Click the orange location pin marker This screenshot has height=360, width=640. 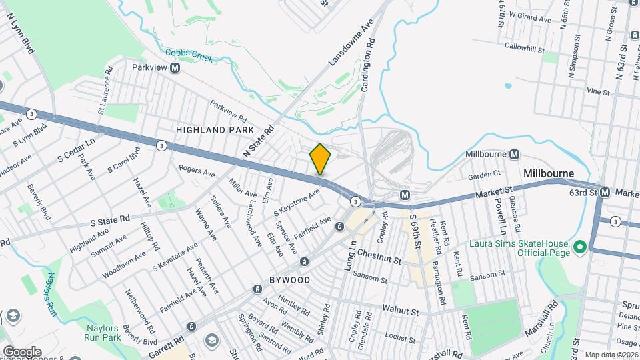tap(320, 159)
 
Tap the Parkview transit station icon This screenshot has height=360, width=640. tap(175, 67)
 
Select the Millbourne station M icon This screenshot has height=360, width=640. tap(514, 155)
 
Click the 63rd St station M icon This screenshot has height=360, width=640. tap(605, 193)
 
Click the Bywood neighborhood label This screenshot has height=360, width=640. tap(290, 280)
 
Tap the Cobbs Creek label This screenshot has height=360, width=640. tap(189, 55)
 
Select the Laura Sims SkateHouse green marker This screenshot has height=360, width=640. tap(579, 248)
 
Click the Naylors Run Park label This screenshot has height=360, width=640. tap(101, 333)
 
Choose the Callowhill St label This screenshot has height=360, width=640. tap(525, 48)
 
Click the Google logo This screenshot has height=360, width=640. tap(21, 351)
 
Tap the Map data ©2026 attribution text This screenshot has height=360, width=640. tap(611, 355)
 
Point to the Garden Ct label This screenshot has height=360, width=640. tap(484, 175)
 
